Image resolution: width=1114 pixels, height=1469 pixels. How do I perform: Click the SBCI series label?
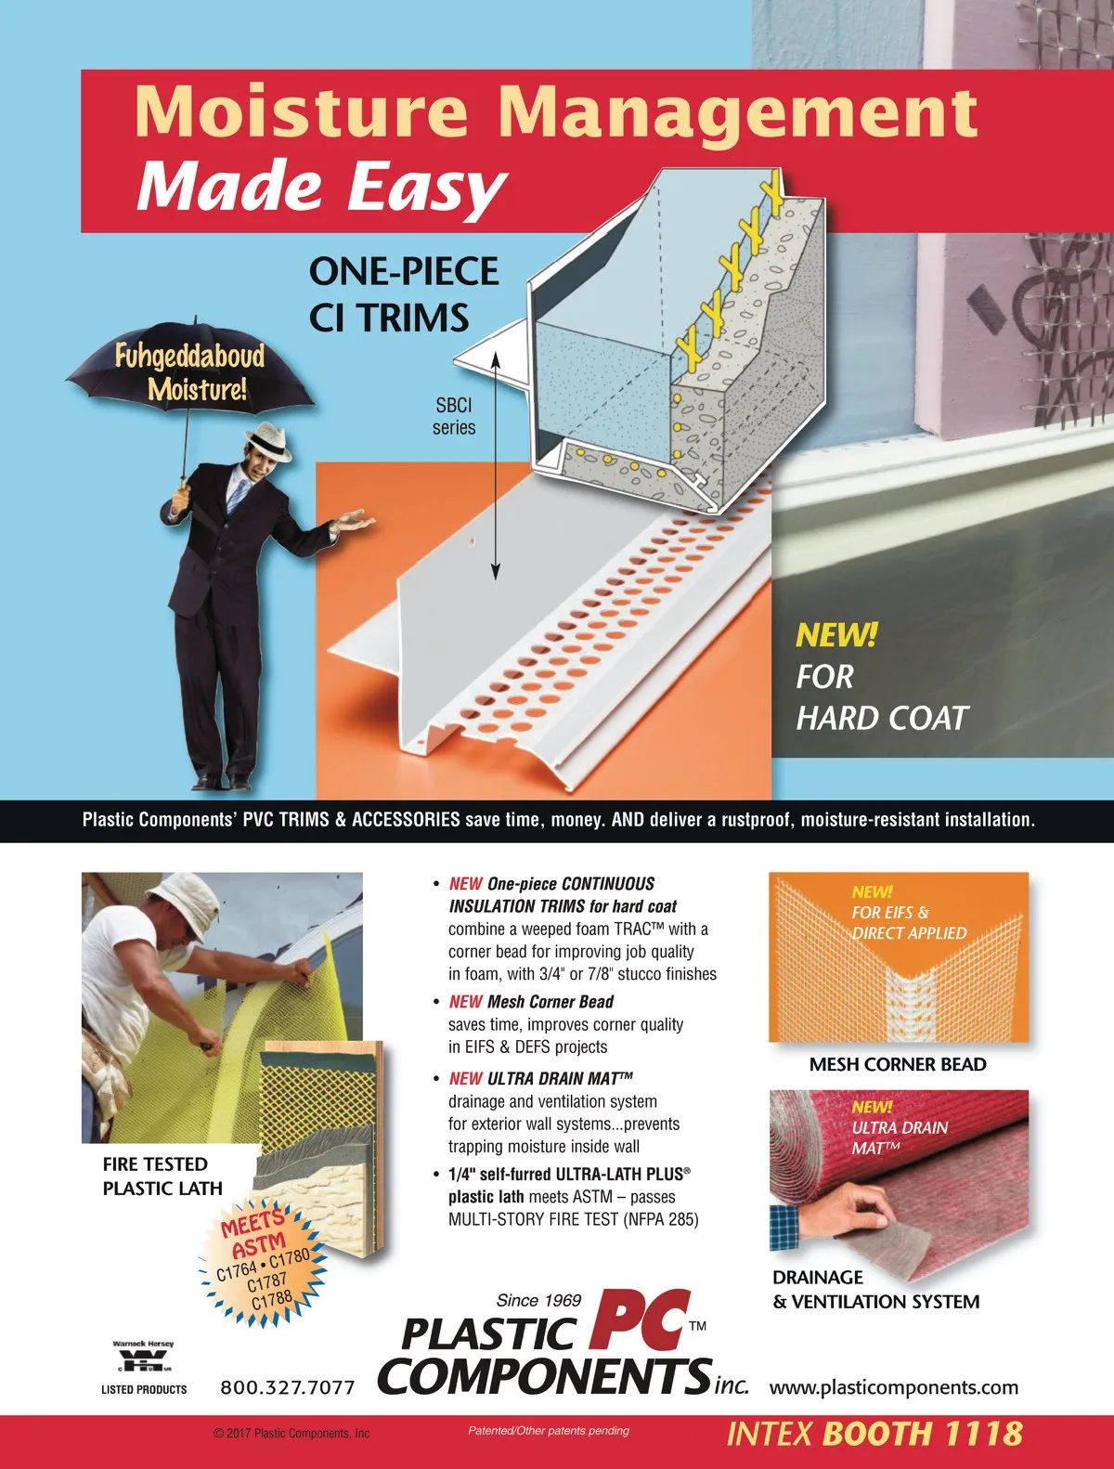click(454, 416)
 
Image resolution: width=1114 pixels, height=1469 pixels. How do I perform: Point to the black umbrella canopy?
click(190, 367)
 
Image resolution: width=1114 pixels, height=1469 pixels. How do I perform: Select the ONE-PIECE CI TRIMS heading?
click(404, 293)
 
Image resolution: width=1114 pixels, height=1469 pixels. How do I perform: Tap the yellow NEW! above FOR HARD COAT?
click(835, 634)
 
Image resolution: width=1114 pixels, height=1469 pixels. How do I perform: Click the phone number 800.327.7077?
click(288, 1387)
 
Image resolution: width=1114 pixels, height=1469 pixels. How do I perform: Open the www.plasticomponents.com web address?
click(894, 1387)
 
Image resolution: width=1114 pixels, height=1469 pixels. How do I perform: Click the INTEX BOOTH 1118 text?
click(874, 1434)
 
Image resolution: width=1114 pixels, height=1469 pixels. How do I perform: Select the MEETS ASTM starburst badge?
click(262, 1264)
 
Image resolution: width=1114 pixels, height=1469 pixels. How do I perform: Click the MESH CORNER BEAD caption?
click(897, 1064)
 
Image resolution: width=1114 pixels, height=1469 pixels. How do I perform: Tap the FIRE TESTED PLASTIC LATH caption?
click(162, 1176)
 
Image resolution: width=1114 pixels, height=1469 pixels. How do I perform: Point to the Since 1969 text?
click(538, 1300)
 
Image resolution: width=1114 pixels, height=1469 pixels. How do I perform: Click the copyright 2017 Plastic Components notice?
click(291, 1433)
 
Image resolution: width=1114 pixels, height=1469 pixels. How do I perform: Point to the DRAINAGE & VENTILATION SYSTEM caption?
click(875, 1289)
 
